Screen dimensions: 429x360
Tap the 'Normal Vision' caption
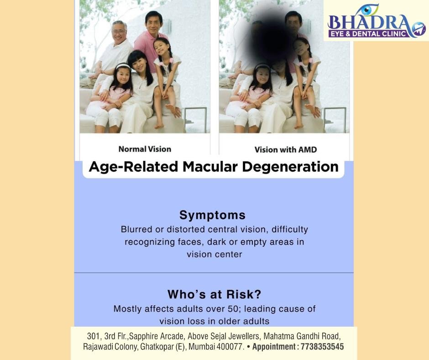[x=145, y=149]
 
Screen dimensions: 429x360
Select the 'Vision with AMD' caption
[x=285, y=149]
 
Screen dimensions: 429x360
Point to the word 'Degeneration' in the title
[x=290, y=167]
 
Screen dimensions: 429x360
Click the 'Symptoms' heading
[x=212, y=215]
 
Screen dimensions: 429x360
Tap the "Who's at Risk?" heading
[x=214, y=295]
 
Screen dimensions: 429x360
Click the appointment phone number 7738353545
[x=322, y=347]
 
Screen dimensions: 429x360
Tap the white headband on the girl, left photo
[x=123, y=65]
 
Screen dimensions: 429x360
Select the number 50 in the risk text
[x=233, y=309]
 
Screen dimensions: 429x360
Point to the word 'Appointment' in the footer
[x=273, y=347]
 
